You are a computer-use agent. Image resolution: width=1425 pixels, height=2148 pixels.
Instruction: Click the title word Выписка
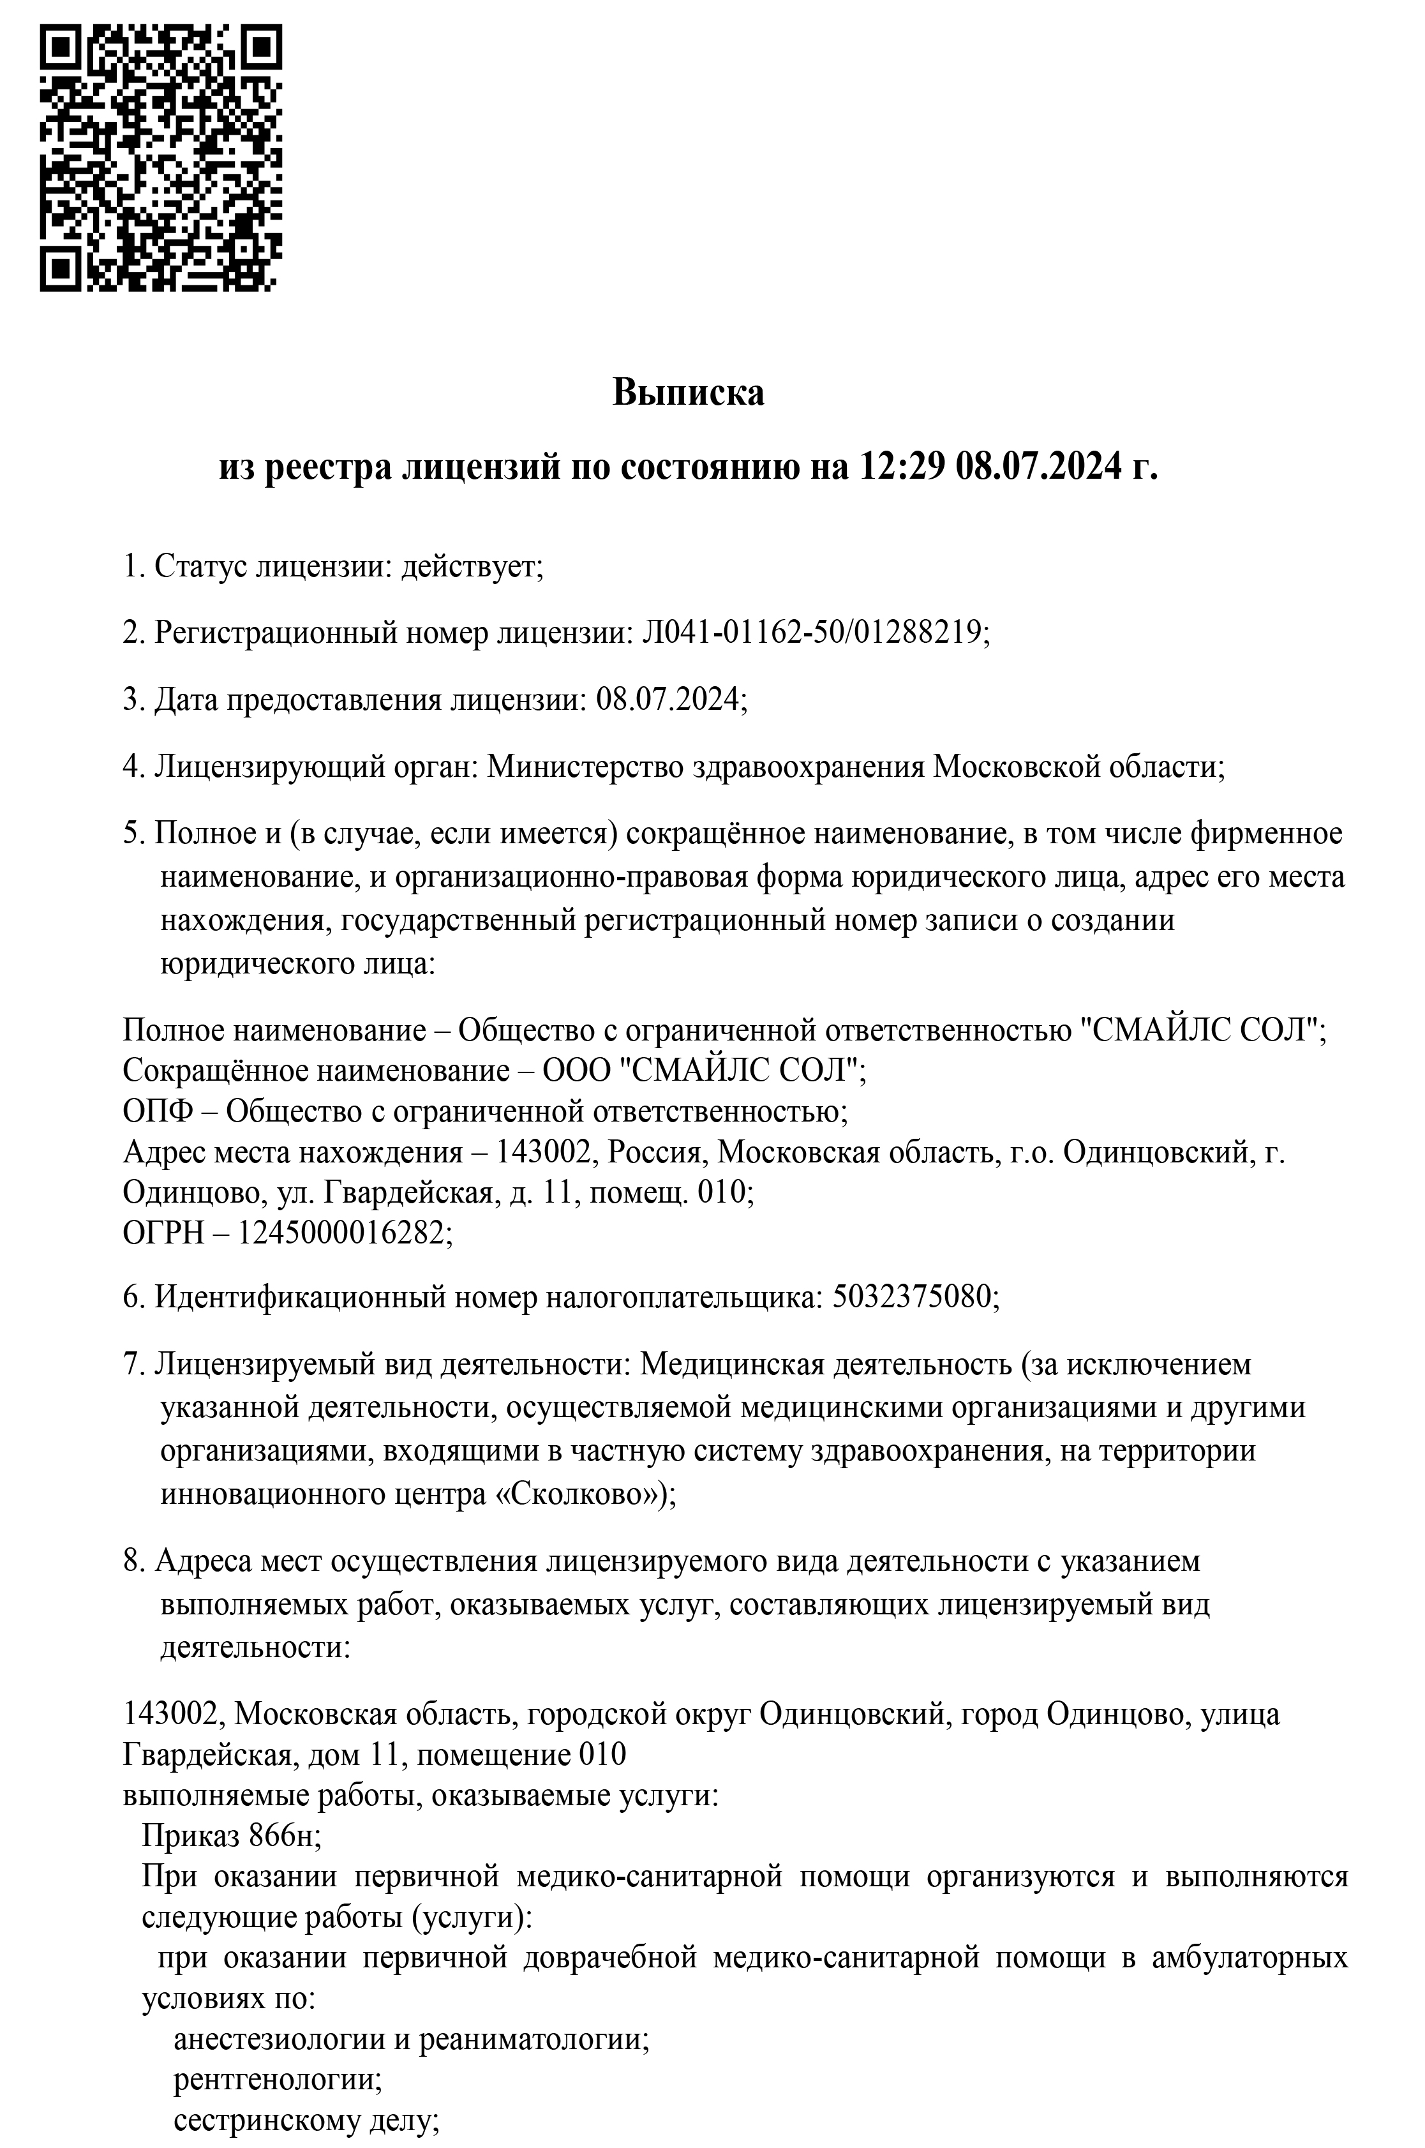[x=688, y=393]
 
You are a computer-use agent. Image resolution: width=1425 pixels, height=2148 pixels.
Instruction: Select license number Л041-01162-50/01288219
[x=814, y=631]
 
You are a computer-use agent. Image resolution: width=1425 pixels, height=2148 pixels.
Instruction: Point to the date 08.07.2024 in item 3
[x=668, y=699]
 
